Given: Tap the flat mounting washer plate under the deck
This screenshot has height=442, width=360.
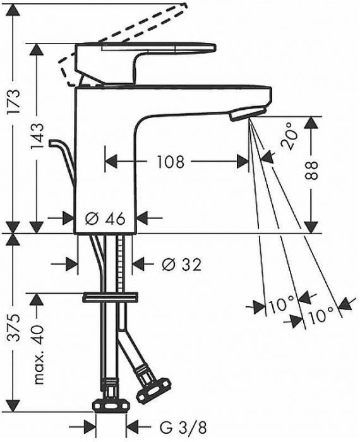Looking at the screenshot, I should coord(110,297).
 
